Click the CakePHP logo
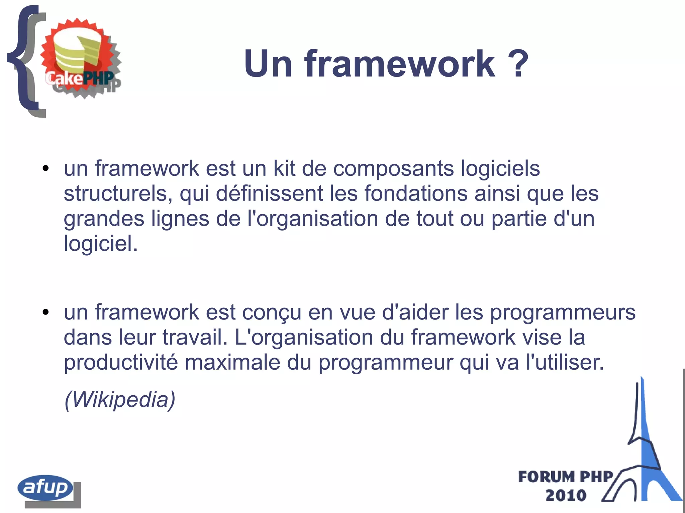pos(80,58)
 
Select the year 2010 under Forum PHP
pos(566,495)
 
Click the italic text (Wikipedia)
pos(120,399)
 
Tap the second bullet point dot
pos(46,312)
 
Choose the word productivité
pos(121,362)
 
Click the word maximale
pos(232,362)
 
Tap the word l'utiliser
pos(565,362)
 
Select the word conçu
pos(272,312)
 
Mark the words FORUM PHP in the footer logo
pos(566,477)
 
